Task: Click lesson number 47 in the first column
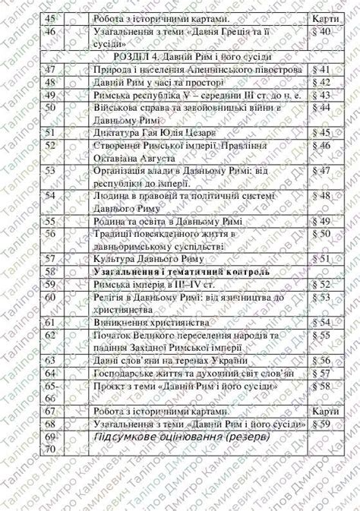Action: [x=52, y=70]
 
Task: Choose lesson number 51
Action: [x=52, y=132]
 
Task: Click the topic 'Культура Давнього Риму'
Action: [x=141, y=259]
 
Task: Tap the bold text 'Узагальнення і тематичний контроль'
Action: [x=180, y=271]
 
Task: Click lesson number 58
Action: [x=52, y=271]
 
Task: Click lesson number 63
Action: [x=52, y=360]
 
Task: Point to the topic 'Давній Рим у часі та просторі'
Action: [x=153, y=82]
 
